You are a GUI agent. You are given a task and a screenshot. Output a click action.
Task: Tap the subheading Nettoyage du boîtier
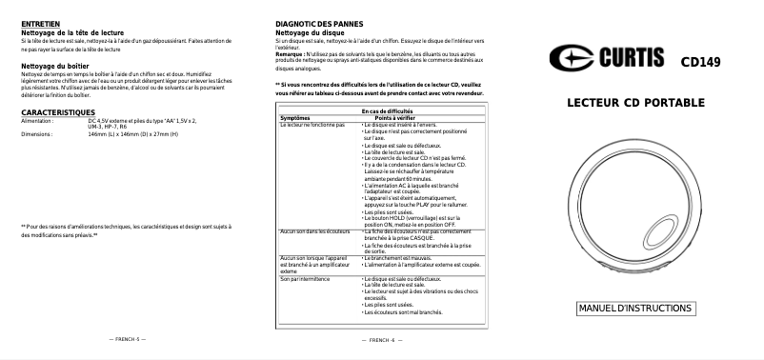56,67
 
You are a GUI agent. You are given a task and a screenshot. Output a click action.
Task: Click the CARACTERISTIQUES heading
57,112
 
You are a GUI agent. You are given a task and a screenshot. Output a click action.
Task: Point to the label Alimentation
37,121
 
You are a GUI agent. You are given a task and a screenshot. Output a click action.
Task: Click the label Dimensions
35,134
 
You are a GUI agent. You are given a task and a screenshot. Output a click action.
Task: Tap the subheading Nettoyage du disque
309,31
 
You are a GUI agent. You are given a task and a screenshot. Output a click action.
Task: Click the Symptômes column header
295,118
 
